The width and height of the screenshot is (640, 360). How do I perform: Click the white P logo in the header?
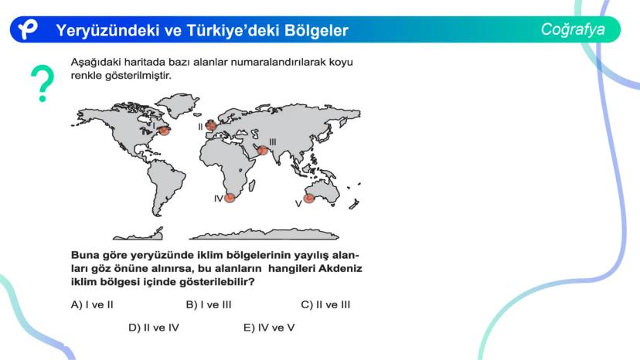[x=27, y=29]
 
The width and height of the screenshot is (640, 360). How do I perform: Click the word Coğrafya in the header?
[x=573, y=29]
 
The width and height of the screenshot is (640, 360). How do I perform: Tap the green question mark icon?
[x=43, y=83]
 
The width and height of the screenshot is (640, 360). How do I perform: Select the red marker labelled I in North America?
[x=164, y=131]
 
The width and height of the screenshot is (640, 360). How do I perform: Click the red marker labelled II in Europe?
[x=211, y=125]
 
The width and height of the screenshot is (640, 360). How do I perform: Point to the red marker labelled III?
[x=263, y=150]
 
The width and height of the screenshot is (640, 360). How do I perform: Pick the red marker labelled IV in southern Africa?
[x=230, y=198]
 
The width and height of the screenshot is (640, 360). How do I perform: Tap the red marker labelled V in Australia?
[x=309, y=199]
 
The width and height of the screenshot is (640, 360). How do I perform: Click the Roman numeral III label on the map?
[x=273, y=141]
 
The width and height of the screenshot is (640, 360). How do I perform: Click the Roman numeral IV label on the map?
[x=219, y=199]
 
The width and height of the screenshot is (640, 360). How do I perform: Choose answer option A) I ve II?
[x=92, y=305]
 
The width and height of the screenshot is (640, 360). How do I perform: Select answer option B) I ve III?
[x=209, y=305]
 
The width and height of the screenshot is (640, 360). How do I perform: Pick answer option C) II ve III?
[x=325, y=305]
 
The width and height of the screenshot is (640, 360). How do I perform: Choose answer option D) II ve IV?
[x=154, y=328]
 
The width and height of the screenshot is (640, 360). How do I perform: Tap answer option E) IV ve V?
[x=269, y=328]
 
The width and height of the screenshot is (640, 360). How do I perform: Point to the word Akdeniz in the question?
[x=340, y=269]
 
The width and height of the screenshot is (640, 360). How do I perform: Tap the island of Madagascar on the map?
[x=252, y=185]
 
